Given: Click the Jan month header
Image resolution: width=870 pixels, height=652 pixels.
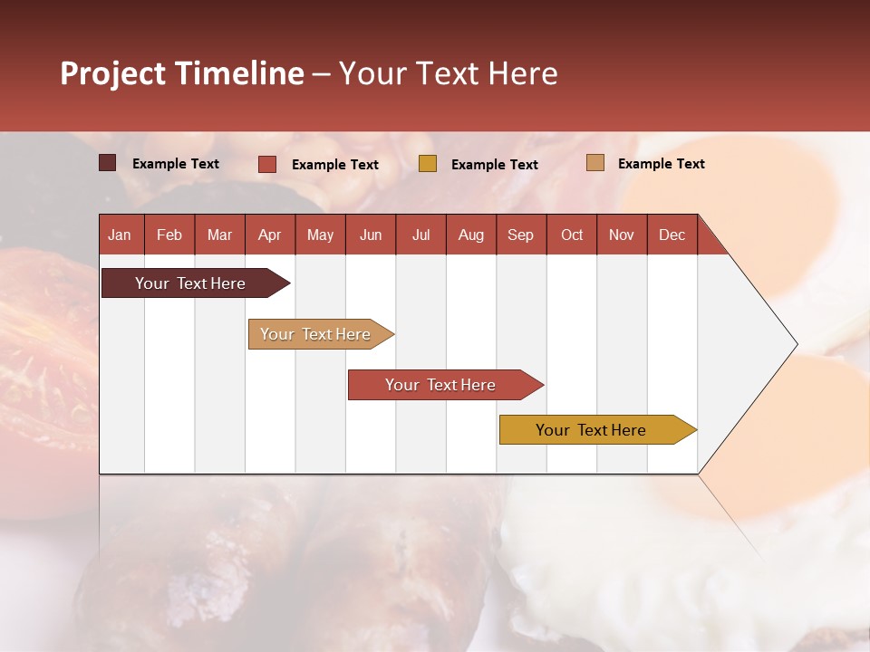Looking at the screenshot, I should point(120,235).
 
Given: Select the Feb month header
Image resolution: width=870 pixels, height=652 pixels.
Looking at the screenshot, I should point(169,235).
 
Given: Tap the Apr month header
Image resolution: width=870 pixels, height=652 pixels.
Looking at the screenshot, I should point(269,235).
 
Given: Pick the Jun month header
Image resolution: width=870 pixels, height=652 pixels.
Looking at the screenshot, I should point(371,235).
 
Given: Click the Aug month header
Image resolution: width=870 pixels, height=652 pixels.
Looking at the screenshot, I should point(470,235).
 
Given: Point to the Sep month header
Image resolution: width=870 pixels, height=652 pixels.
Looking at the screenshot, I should point(520,235).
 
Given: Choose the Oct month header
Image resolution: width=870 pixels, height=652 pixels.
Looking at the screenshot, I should point(572,235).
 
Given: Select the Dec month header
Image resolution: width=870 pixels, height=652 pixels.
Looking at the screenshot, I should point(672,235).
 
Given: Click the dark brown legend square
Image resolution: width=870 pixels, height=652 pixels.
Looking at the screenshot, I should point(108,163).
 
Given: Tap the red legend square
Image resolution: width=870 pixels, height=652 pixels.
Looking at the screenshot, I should point(267,164).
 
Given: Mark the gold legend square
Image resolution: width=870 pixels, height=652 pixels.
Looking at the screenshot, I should point(428,164).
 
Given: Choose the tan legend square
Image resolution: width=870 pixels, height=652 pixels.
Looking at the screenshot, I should point(594,163).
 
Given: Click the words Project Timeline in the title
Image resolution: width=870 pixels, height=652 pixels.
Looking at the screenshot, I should point(181,73).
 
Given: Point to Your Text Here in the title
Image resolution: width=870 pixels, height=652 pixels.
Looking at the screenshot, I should point(448,73).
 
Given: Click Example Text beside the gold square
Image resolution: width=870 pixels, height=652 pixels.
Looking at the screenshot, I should point(494,165).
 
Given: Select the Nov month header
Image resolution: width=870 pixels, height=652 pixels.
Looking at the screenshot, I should point(622,235).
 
